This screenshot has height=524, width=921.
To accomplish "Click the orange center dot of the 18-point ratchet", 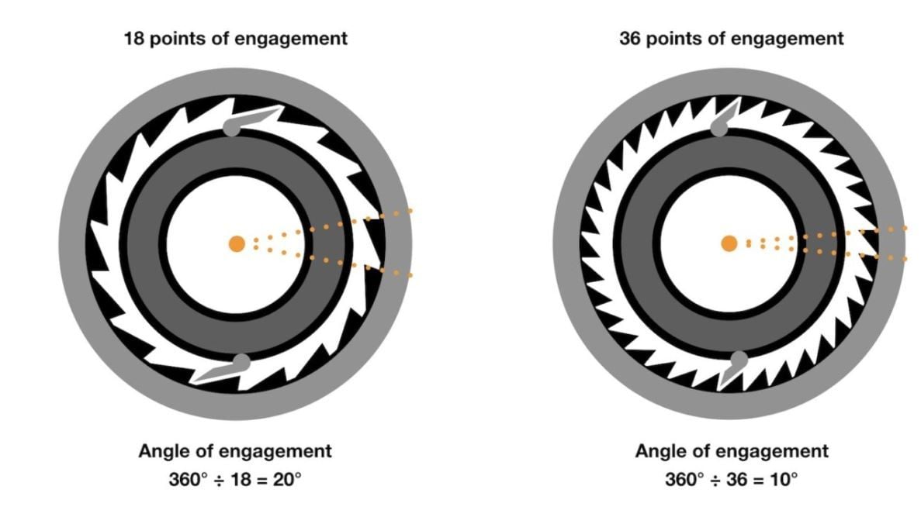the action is pos(237,243).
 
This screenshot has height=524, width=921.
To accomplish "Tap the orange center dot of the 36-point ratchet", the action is pos(729,243).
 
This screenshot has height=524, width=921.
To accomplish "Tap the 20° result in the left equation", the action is pos(287,479).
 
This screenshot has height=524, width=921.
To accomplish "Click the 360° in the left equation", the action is pos(188,479).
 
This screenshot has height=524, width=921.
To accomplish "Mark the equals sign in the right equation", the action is pos(759,479).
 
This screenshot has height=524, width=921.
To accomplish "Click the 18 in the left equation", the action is pos(241,479).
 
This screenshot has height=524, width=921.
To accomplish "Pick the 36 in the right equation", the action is pos(736,479).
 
